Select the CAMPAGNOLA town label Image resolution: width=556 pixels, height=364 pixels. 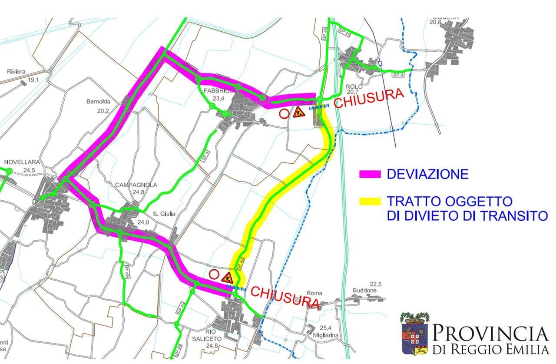coord(136,185)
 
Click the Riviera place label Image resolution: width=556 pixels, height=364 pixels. coord(16,72)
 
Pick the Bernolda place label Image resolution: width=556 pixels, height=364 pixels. coord(98,102)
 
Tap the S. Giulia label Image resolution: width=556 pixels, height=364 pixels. coord(164,214)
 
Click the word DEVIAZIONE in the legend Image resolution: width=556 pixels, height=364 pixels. coord(427,174)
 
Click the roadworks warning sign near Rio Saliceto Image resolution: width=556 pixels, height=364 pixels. coord(227,277)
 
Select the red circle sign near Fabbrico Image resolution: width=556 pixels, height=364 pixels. coord(284,114)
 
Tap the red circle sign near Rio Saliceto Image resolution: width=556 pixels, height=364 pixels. coord(214,274)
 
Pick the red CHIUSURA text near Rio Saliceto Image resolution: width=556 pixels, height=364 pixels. coord(285,297)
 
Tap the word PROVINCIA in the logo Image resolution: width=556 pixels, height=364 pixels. coord(490,334)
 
